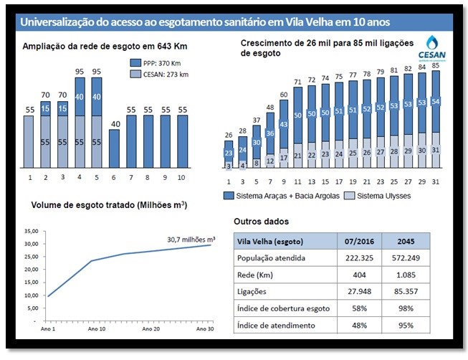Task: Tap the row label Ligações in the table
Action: click(252, 292)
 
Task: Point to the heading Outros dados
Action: click(261, 222)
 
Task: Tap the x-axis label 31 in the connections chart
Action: click(436, 181)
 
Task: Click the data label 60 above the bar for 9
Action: click(284, 95)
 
